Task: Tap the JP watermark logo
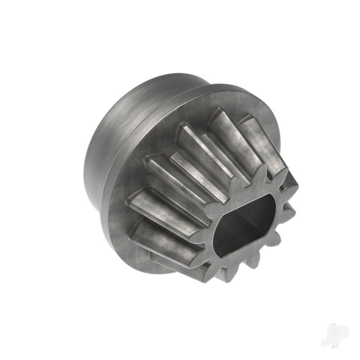(x=334, y=336)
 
